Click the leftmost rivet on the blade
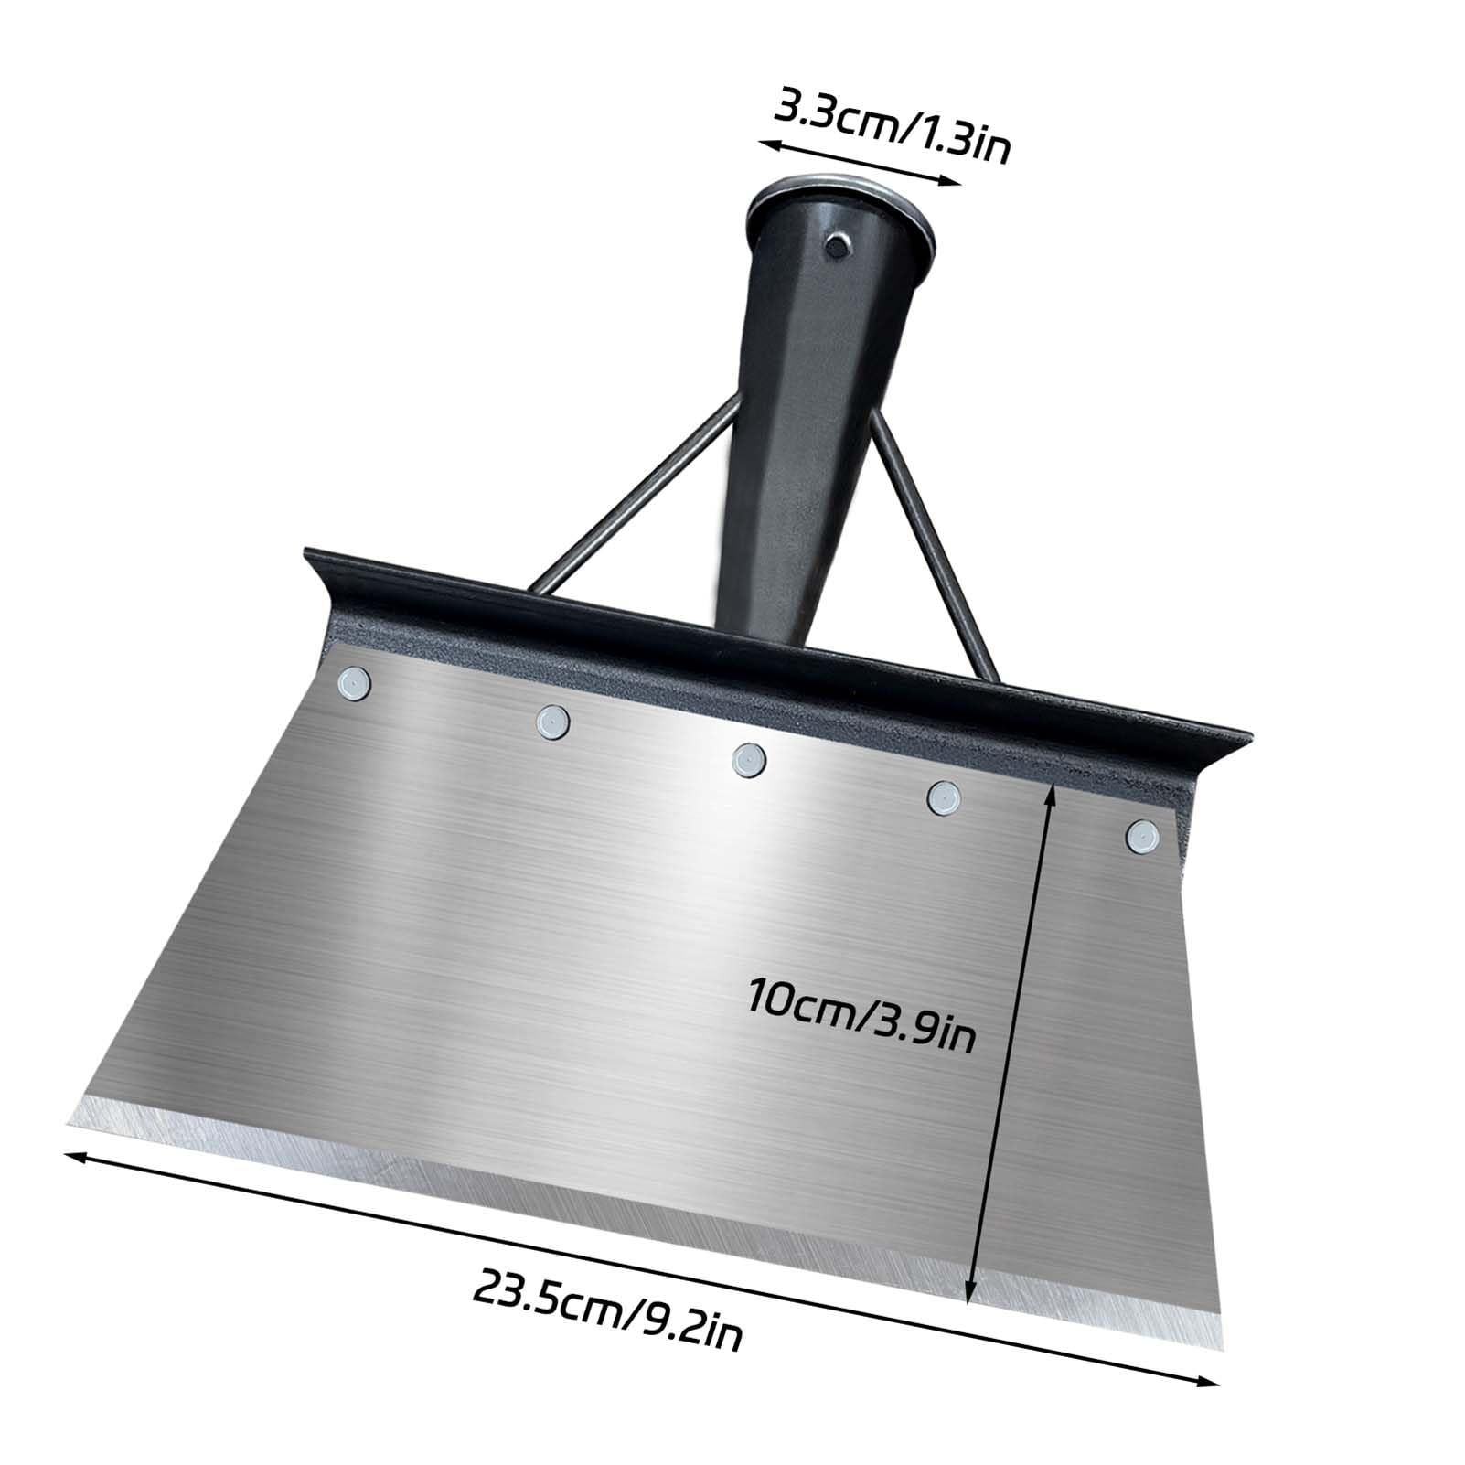pyautogui.click(x=352, y=682)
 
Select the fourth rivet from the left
pyautogui.click(x=942, y=797)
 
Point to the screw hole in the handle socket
pyautogui.click(x=835, y=246)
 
